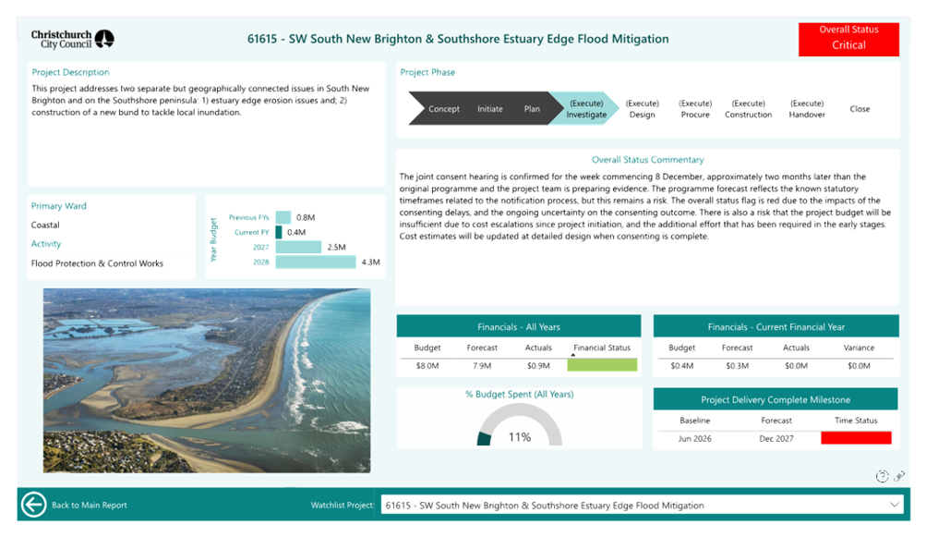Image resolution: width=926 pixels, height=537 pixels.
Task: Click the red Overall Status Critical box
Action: point(848,39)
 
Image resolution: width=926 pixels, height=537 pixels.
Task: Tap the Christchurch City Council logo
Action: point(73,39)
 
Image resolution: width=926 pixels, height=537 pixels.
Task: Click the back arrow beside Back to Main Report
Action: point(34,505)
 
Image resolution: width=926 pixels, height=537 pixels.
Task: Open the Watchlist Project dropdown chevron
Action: point(894,505)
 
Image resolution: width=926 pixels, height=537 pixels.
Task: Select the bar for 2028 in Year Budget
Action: point(316,262)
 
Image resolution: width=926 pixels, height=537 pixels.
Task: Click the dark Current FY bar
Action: point(279,232)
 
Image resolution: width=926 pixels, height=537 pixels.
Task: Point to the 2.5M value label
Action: point(336,248)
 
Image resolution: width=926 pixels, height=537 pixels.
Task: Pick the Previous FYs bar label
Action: point(248,217)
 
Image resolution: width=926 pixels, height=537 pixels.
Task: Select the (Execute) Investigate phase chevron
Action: point(585,109)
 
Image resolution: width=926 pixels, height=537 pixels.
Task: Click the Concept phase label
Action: point(444,109)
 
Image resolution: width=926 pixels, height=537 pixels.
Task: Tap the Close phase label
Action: point(860,109)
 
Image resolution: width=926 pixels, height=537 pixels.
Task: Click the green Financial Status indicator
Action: point(602,366)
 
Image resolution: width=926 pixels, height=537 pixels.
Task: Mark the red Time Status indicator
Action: point(856,438)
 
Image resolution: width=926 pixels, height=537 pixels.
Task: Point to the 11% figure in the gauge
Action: point(520,437)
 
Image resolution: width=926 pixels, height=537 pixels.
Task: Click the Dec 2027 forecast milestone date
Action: point(776,438)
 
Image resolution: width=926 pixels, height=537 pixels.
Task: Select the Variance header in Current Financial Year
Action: point(859,348)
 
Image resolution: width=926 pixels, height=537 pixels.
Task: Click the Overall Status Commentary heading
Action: point(648,160)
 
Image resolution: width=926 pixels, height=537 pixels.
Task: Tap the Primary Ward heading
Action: point(59,206)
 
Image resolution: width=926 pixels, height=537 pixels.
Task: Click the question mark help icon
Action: point(882,476)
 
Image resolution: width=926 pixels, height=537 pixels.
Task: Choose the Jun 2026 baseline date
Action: point(695,438)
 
